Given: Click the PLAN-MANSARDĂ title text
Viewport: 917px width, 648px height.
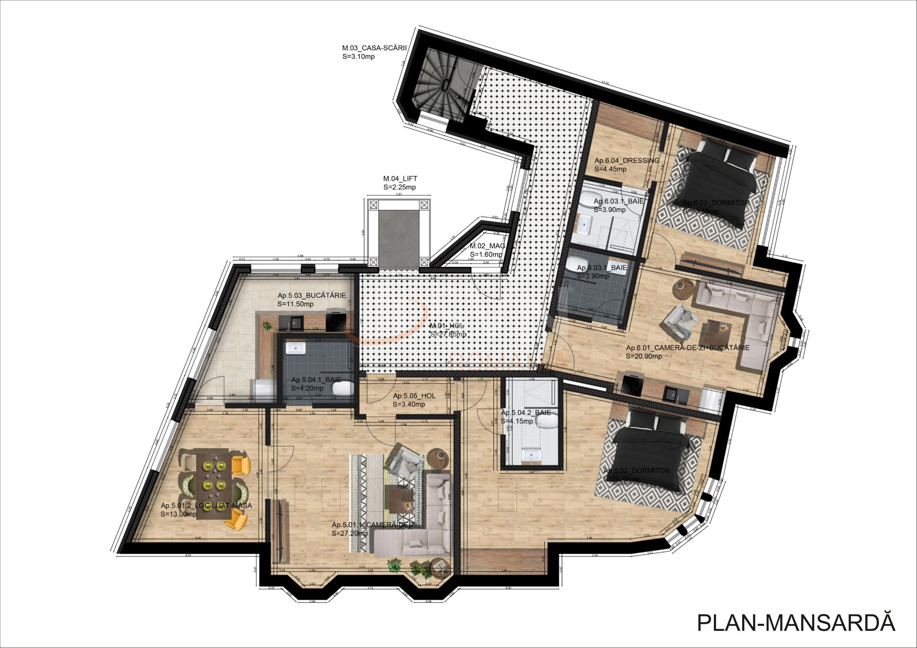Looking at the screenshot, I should point(795,622).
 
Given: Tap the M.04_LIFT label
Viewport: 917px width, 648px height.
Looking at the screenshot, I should point(400,179).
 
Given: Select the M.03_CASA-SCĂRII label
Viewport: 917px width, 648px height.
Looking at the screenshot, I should point(374,48).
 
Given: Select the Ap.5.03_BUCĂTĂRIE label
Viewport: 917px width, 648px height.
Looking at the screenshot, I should point(312,296).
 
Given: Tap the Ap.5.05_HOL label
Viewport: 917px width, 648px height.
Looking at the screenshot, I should point(414,396).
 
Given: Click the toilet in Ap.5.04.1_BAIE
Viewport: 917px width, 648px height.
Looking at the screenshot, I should point(343,387).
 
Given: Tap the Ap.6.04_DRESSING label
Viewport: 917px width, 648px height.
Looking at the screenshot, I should point(627,160).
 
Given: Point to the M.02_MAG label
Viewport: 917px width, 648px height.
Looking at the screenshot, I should point(487,246).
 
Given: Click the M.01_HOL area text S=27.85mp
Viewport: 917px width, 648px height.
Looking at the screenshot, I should point(448,334).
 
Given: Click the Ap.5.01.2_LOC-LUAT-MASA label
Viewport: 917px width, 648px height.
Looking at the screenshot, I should point(206,505).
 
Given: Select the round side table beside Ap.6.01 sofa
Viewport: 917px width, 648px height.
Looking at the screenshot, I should point(683,289).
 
